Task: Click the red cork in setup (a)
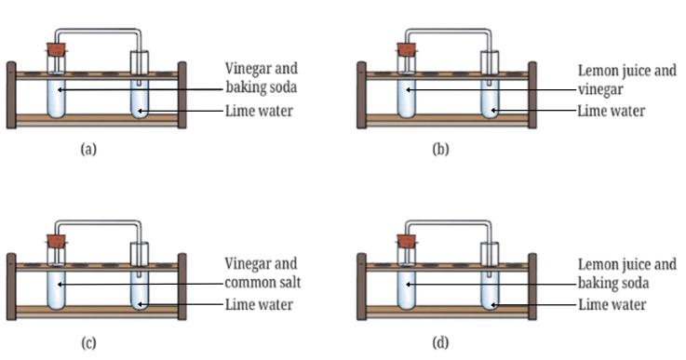coord(57,49)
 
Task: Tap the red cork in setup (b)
coord(407,49)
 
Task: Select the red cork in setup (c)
coord(57,241)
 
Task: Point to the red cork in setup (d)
coord(407,241)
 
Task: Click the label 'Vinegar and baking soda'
coord(262,78)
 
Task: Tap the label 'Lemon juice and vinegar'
coord(627,80)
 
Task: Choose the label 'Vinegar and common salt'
coord(262,273)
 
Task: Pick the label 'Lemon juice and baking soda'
coord(627,273)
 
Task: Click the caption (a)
coord(88,150)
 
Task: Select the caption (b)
coord(440,150)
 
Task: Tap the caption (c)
coord(88,343)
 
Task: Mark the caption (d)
coord(440,343)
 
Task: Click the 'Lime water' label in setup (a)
coord(259,111)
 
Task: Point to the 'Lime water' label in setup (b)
coord(612,111)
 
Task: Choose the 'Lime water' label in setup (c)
coord(259,305)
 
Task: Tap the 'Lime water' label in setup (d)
coord(612,305)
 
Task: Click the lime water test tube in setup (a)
coord(140,85)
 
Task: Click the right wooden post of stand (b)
coord(532,95)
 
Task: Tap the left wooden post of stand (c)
coord(11,287)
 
